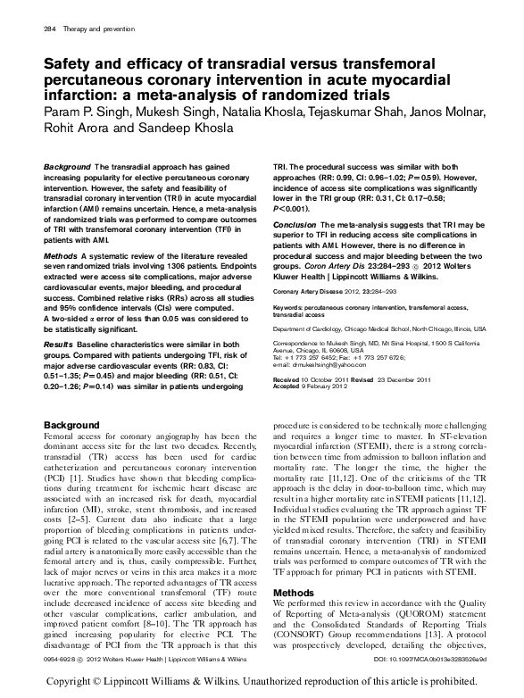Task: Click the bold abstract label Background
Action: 67,168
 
